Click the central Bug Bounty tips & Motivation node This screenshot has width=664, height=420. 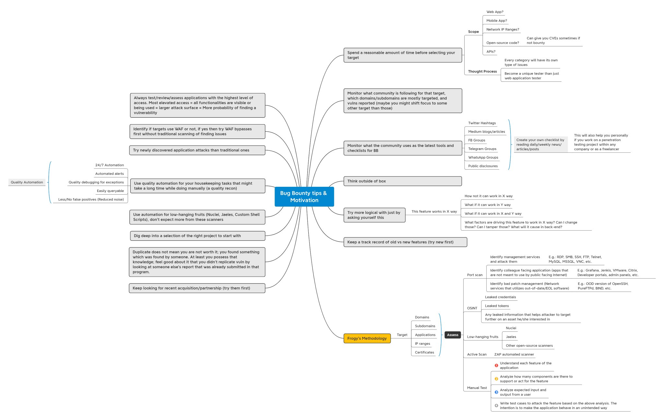[x=304, y=197]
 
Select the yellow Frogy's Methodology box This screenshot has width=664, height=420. [x=367, y=338]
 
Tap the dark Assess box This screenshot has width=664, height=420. [x=452, y=335]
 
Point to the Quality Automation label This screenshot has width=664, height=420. [x=27, y=182]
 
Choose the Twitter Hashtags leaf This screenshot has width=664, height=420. [x=482, y=123]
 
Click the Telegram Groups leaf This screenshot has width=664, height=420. [x=482, y=149]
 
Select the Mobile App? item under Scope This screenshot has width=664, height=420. [x=496, y=20]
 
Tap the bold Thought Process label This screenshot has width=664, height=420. [x=482, y=71]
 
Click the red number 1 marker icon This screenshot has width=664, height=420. [x=496, y=366]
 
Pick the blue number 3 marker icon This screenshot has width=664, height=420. [x=496, y=392]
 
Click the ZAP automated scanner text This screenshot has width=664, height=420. [x=514, y=354]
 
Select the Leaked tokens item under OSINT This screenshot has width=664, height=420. [x=497, y=306]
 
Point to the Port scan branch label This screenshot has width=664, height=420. [x=474, y=275]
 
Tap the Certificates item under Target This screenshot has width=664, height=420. [x=424, y=352]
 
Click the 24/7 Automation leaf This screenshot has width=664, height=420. [x=109, y=165]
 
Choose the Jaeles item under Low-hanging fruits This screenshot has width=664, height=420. [x=511, y=337]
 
